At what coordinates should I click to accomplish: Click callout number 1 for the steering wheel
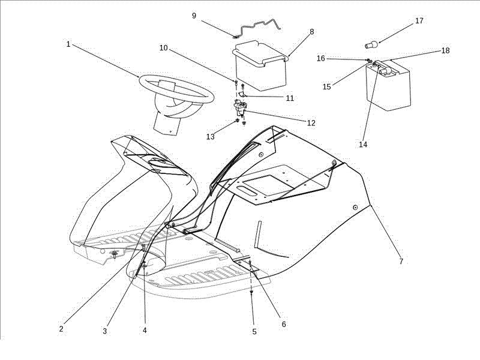pyautogui.click(x=68, y=44)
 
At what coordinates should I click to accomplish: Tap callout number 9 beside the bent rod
pyautogui.click(x=194, y=16)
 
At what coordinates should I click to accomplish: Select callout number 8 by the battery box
pyautogui.click(x=311, y=32)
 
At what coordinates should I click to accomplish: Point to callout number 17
pyautogui.click(x=419, y=20)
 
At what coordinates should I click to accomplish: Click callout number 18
pyautogui.click(x=445, y=50)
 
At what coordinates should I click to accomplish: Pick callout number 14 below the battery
pyautogui.click(x=363, y=144)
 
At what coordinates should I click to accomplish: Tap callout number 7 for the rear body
pyautogui.click(x=401, y=261)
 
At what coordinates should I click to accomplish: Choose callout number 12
pyautogui.click(x=311, y=123)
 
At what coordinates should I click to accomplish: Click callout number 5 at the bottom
pyautogui.click(x=254, y=332)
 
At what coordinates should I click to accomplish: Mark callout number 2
pyautogui.click(x=61, y=329)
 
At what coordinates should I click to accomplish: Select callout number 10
pyautogui.click(x=164, y=48)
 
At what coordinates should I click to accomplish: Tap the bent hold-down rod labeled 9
pyautogui.click(x=257, y=25)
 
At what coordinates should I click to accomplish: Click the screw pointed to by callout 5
pyautogui.click(x=251, y=292)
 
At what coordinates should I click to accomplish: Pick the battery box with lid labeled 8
pyautogui.click(x=261, y=65)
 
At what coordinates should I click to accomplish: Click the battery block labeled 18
pyautogui.click(x=388, y=85)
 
